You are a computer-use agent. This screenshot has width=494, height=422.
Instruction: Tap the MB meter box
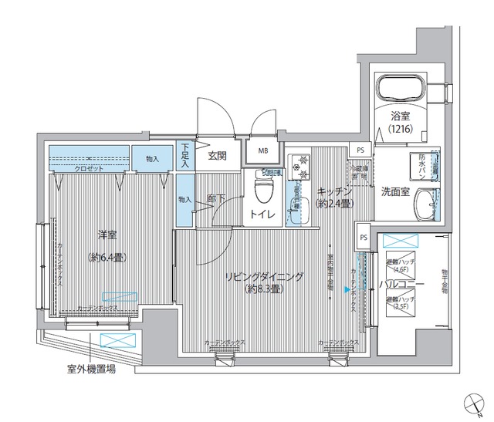[x=263, y=151]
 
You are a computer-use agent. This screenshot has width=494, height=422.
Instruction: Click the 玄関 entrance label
[x=217, y=155]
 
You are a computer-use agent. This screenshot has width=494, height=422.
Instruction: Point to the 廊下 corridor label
[x=216, y=198]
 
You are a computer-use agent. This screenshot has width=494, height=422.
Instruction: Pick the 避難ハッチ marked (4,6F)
[x=400, y=265]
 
